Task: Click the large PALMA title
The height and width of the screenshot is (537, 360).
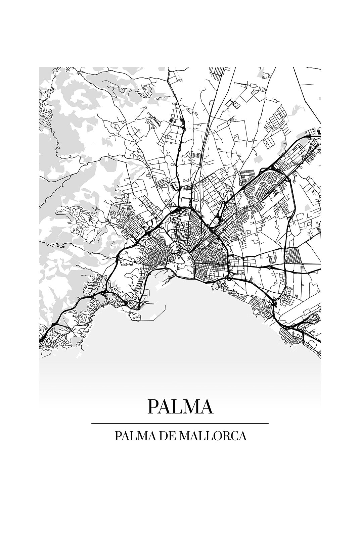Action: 180,406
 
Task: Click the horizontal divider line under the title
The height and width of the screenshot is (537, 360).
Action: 180,424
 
